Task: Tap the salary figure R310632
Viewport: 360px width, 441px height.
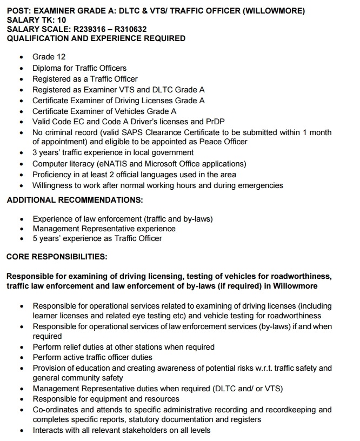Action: (x=130, y=29)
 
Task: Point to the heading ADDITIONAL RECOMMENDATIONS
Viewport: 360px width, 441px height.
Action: (x=75, y=200)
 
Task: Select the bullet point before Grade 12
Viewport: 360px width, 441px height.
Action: (x=21, y=57)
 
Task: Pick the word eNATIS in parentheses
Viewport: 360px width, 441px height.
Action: (x=112, y=164)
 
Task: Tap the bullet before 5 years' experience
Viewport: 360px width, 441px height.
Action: (x=21, y=238)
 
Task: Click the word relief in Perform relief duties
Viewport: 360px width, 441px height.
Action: (x=75, y=347)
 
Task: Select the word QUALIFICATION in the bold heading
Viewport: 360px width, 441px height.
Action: (x=37, y=39)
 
